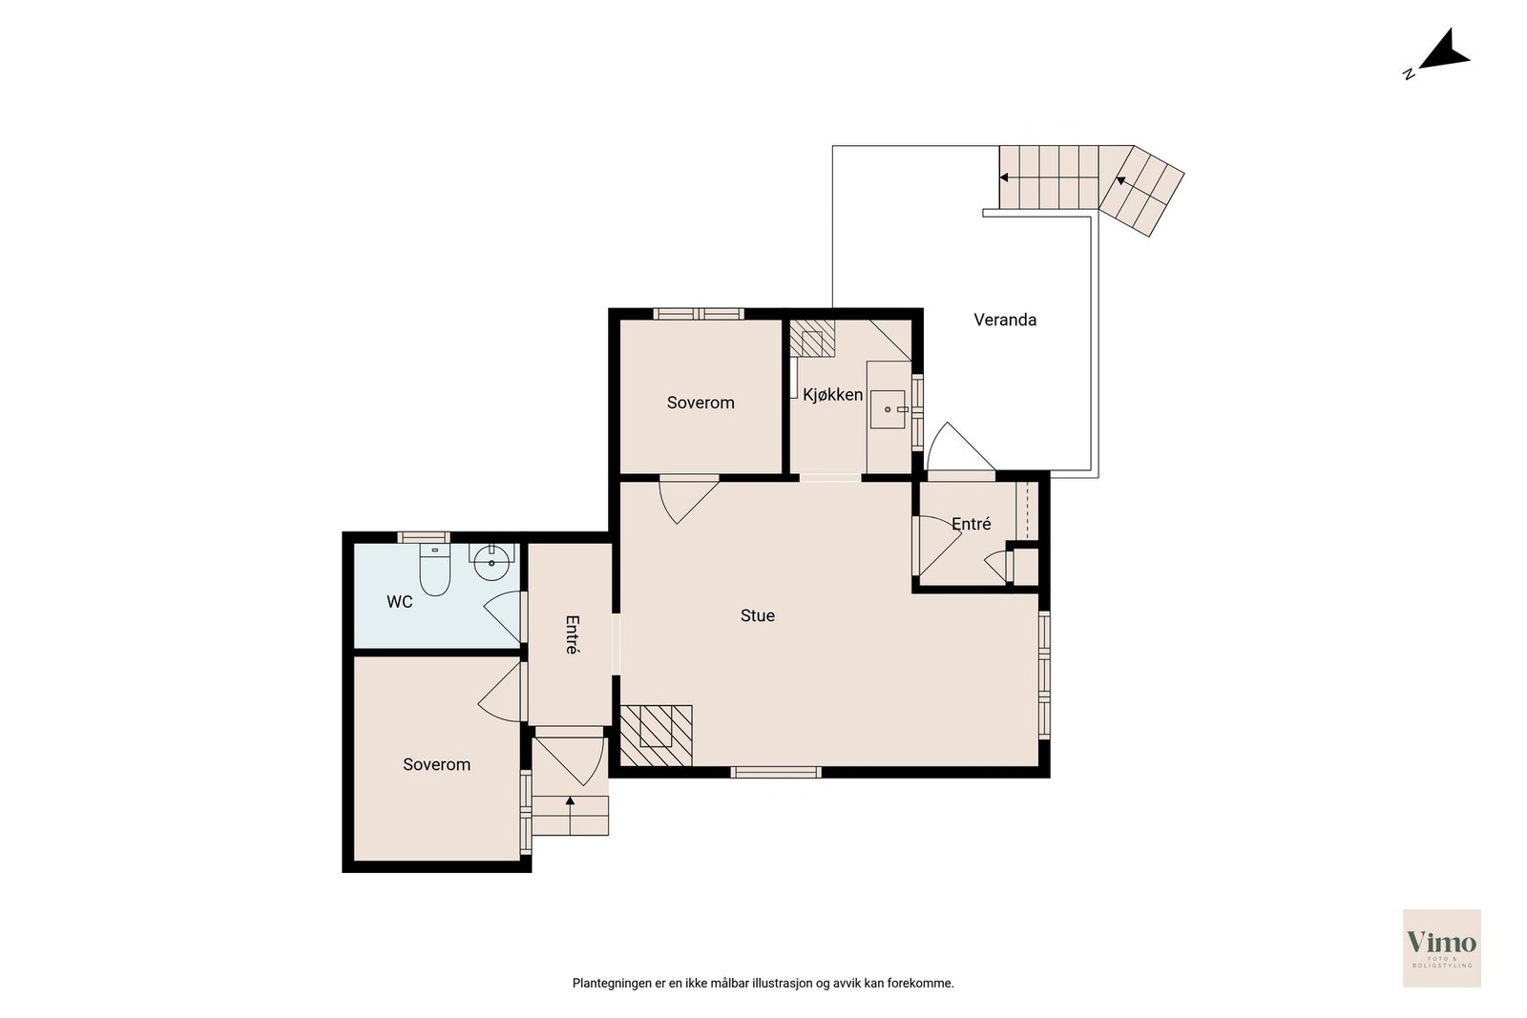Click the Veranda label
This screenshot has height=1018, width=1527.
click(1005, 320)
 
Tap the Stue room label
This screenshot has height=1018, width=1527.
click(758, 616)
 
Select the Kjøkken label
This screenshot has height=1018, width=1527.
click(832, 395)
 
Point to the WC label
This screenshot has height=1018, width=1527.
click(400, 602)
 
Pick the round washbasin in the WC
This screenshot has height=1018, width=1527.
click(492, 562)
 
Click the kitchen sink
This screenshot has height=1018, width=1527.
click(888, 409)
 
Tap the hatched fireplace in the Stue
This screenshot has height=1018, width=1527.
click(656, 736)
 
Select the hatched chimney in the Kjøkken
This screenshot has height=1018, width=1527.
click(812, 339)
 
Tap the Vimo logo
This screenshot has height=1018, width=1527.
click(1442, 947)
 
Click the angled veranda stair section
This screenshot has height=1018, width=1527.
click(1141, 191)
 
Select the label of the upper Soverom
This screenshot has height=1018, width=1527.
click(701, 403)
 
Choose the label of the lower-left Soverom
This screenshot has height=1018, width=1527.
click(436, 764)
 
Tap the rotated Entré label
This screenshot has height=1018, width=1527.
click(572, 635)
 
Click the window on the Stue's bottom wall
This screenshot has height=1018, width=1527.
click(776, 772)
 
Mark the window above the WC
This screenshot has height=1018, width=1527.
click(424, 537)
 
